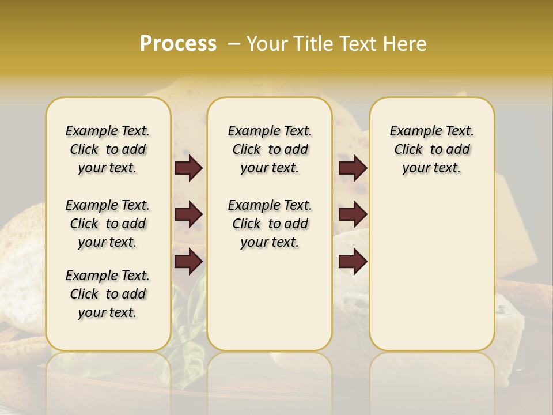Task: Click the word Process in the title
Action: point(178,44)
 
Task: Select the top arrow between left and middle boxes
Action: point(188,168)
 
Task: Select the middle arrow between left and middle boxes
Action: point(188,214)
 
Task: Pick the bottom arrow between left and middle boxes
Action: point(188,262)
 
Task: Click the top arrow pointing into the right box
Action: point(353,168)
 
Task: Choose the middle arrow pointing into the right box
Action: point(353,214)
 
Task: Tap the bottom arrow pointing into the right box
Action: point(353,262)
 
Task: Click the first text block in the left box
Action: point(108,149)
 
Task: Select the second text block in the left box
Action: point(108,224)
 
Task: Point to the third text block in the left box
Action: point(108,294)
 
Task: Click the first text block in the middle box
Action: point(270,149)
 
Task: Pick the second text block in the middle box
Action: point(270,224)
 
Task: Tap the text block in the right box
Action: point(431,149)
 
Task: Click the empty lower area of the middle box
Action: point(270,300)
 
